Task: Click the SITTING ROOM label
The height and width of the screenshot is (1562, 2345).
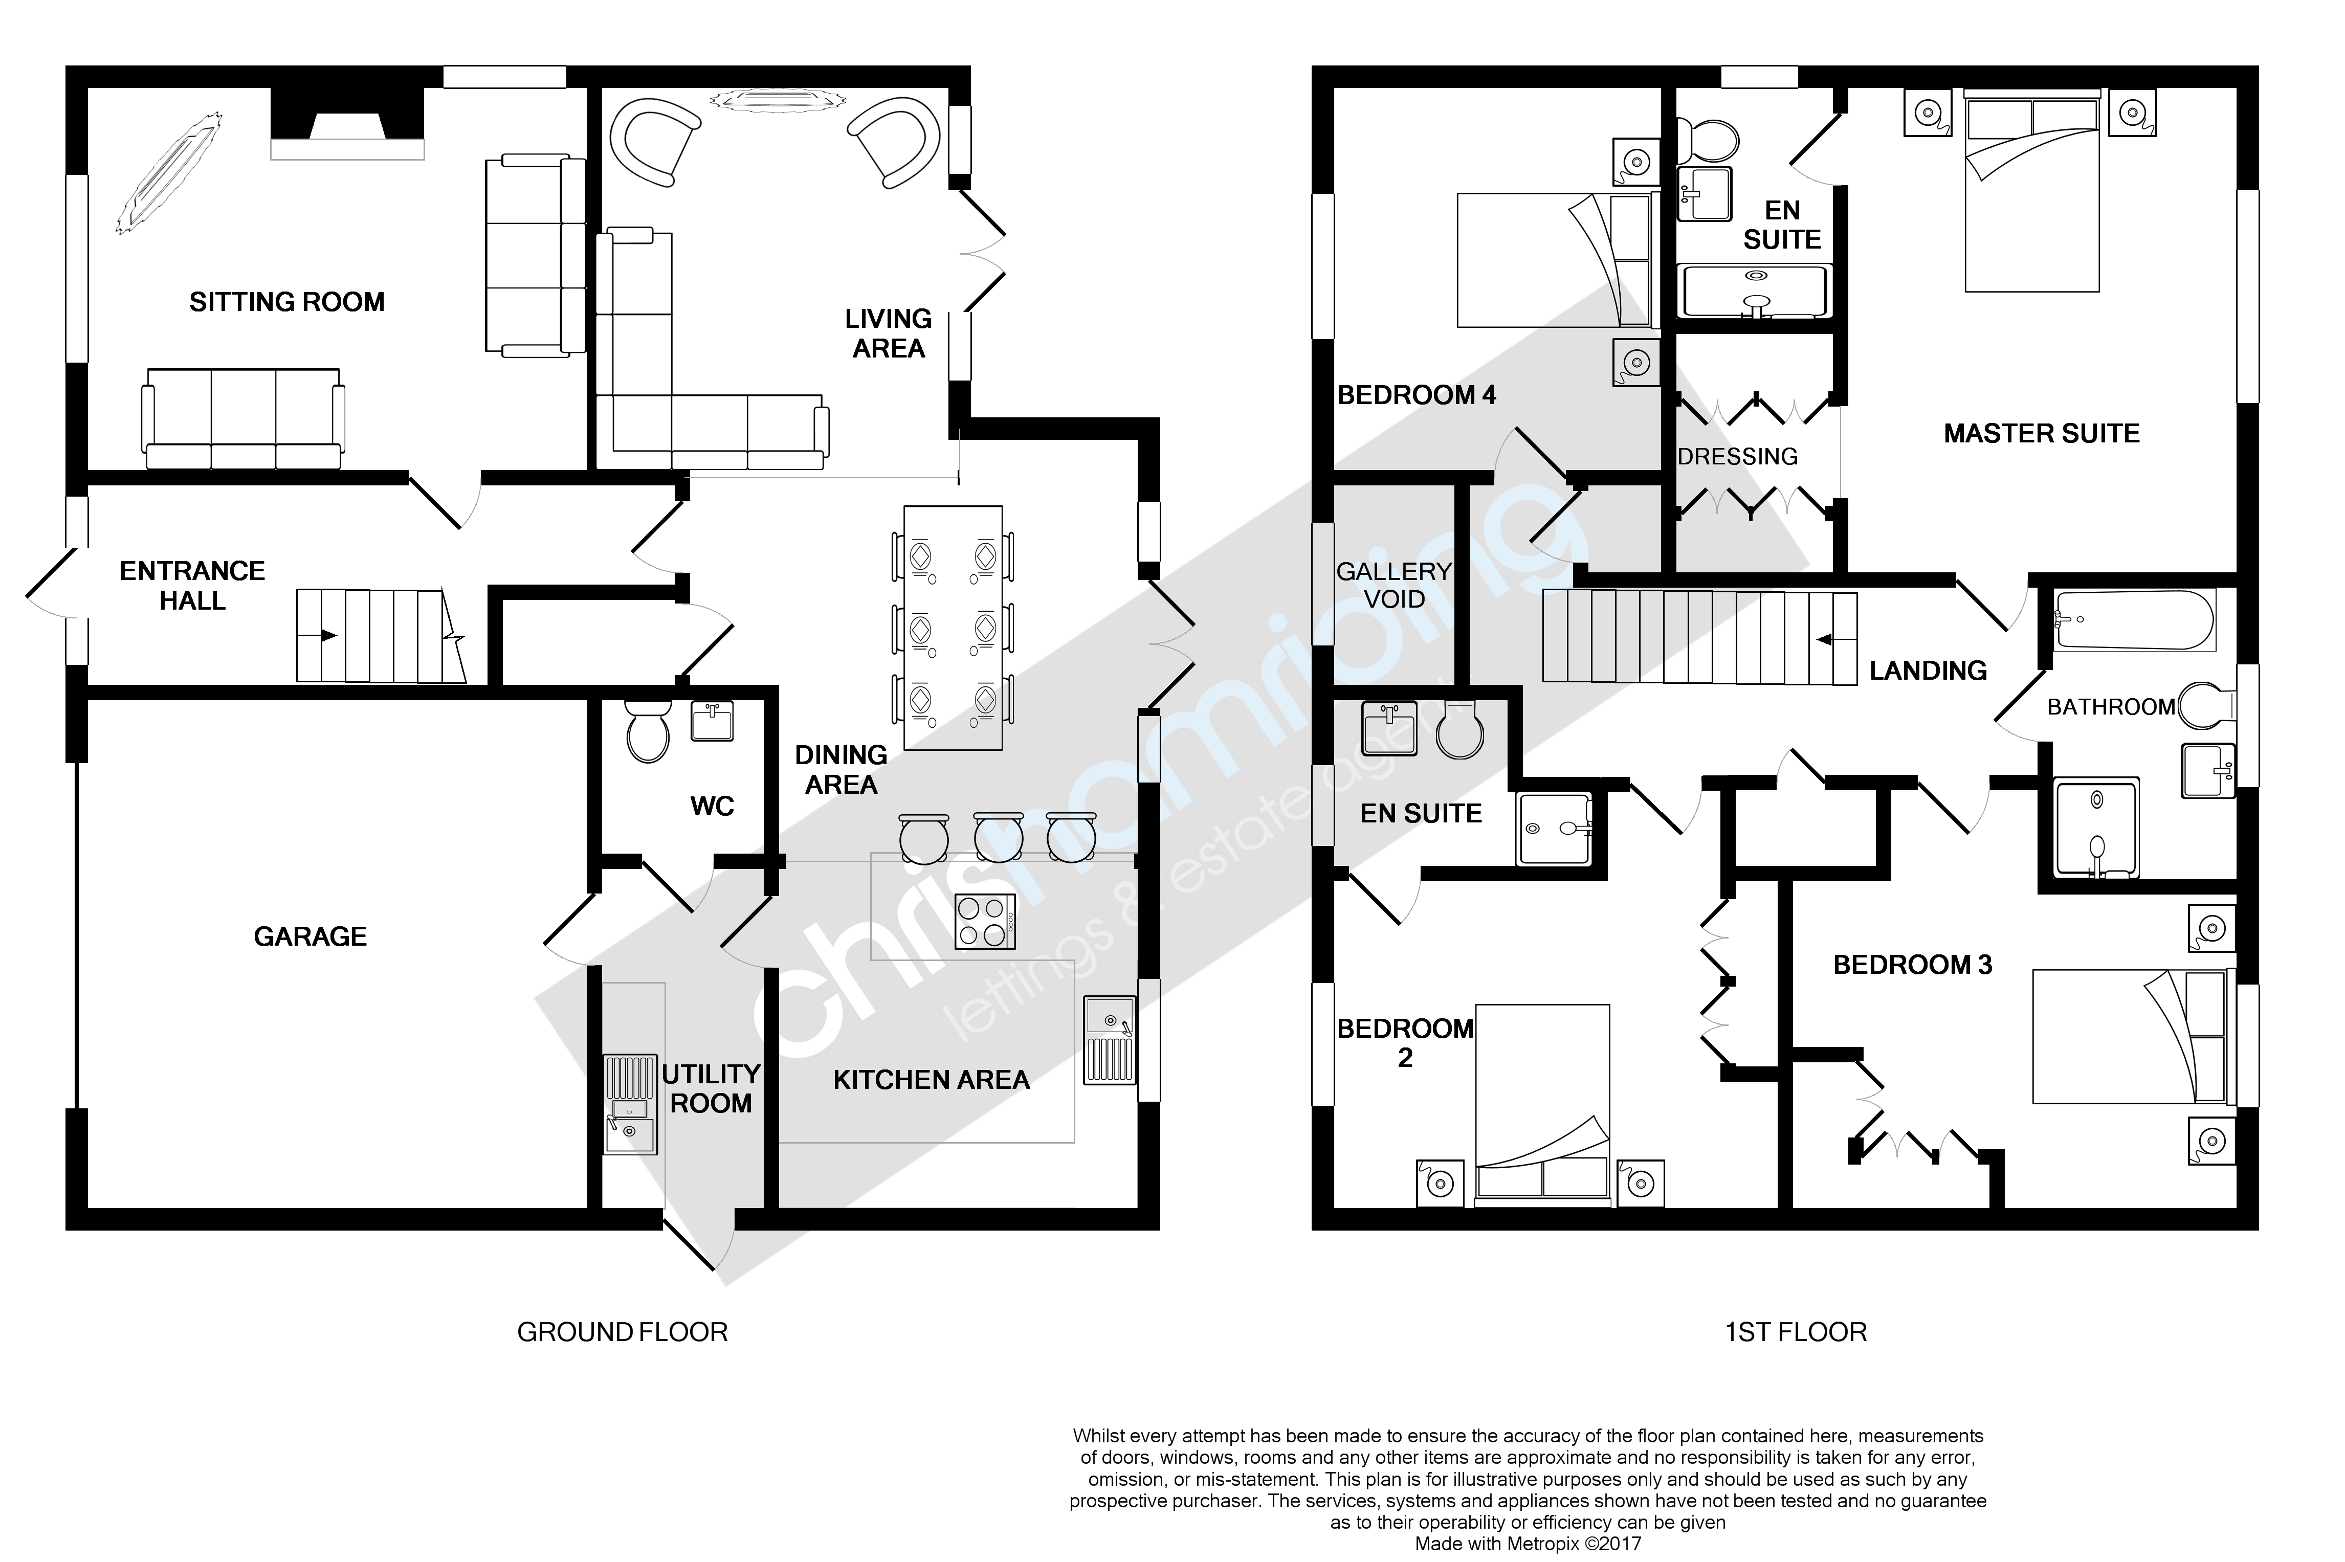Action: click(x=287, y=302)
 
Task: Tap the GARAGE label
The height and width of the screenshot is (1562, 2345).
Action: click(x=310, y=936)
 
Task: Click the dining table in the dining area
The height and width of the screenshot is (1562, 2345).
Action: click(x=953, y=628)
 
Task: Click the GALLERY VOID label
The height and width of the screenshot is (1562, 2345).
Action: click(x=1393, y=585)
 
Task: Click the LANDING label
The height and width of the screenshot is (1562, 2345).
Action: click(x=1928, y=671)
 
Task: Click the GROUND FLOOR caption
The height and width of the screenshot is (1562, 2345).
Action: click(x=622, y=1332)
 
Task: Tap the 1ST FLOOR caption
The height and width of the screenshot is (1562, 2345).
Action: click(x=1795, y=1332)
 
